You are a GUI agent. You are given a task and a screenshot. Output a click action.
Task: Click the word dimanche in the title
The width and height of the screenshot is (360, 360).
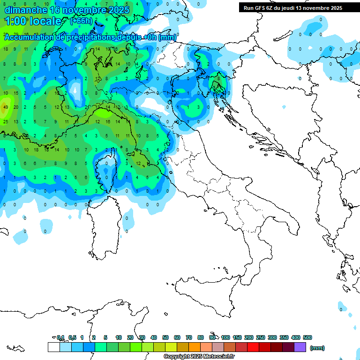[25, 10]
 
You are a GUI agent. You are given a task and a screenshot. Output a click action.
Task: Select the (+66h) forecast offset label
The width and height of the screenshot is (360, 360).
[81, 21]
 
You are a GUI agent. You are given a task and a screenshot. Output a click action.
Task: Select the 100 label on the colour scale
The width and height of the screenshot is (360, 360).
[225, 337]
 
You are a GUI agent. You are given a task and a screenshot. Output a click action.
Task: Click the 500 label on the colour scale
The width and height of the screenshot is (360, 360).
[307, 337]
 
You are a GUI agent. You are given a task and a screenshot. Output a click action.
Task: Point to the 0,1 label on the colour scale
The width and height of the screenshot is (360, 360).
[60, 337]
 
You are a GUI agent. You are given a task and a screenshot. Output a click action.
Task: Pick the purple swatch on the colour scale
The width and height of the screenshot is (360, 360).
[300, 347]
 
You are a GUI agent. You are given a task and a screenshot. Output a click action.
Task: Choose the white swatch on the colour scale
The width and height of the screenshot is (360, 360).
[53, 347]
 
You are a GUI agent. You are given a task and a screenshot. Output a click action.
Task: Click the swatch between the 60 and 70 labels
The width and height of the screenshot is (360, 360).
[183, 347]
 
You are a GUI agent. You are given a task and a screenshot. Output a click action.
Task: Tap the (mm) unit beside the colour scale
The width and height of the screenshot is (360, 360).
[317, 348]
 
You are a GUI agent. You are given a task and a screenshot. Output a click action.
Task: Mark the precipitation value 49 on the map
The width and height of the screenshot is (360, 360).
[6, 107]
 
